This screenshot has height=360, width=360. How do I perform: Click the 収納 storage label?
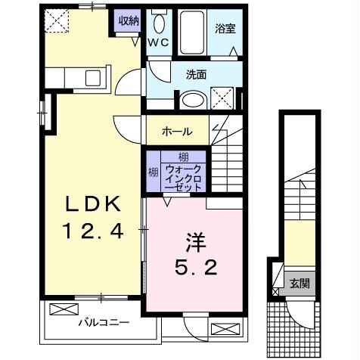126,20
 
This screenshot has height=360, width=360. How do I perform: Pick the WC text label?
157,44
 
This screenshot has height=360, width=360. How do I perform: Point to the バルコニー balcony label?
104,322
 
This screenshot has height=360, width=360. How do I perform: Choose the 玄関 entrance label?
299,284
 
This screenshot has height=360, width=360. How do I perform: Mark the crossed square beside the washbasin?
223,98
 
